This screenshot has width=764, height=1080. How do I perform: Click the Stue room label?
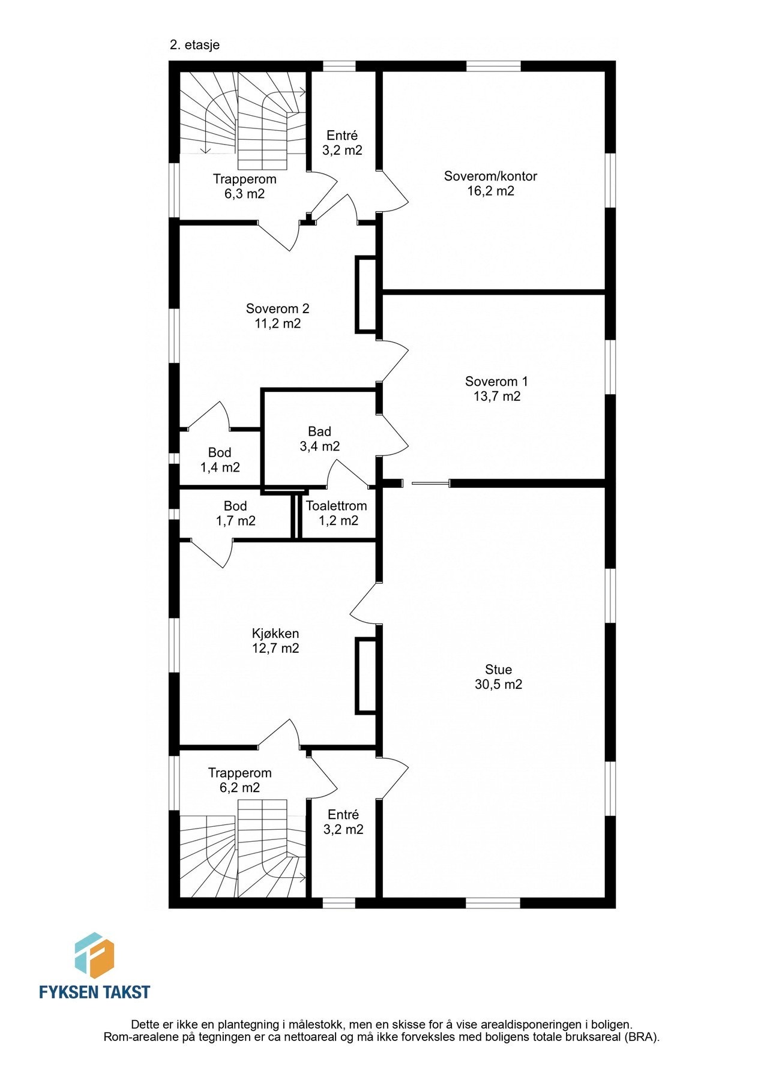[498, 670]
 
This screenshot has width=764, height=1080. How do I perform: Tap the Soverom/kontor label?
[490, 176]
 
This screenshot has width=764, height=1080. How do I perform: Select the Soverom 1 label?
[496, 382]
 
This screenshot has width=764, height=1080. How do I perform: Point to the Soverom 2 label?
[277, 309]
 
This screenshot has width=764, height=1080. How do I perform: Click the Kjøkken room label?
[275, 634]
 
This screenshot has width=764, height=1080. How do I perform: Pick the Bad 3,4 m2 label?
[319, 439]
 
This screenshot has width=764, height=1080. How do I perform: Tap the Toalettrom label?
[336, 506]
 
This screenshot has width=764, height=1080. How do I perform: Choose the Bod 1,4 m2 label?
[220, 460]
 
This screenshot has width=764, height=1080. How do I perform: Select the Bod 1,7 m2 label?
[235, 514]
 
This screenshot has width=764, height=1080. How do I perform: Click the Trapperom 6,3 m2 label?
[244, 186]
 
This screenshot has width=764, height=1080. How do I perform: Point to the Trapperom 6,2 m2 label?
[239, 780]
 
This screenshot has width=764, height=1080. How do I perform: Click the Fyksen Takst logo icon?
[94, 955]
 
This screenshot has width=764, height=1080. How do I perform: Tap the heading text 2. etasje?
[194, 45]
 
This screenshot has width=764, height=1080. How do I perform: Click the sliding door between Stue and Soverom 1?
[430, 482]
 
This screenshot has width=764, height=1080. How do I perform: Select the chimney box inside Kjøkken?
[365, 676]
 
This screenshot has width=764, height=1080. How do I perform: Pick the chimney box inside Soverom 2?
[365, 295]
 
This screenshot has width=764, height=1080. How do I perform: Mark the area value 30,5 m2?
[498, 685]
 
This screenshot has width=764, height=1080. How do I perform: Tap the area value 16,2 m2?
[490, 191]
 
